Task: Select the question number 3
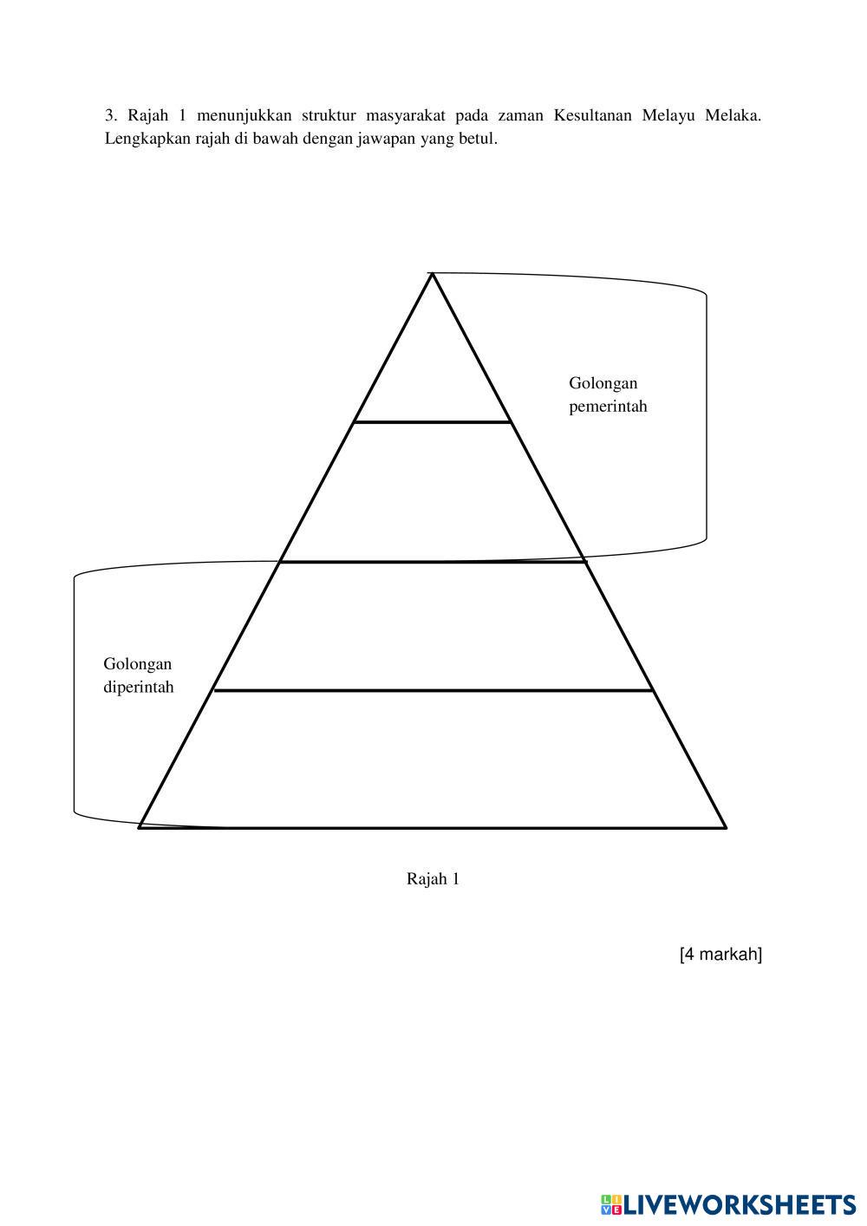(x=110, y=115)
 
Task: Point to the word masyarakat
(x=405, y=115)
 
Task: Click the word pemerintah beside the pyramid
(x=608, y=407)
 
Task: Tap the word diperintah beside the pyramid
(x=139, y=688)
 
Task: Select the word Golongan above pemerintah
(x=603, y=383)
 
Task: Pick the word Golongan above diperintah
(x=138, y=664)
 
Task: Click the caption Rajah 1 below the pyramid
(x=433, y=879)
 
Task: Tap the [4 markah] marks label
(x=720, y=955)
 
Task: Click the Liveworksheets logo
(x=728, y=1204)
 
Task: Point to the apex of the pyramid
(x=432, y=274)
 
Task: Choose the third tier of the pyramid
(x=432, y=626)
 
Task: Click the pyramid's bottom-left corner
(x=140, y=827)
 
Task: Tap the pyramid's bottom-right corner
(x=725, y=827)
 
